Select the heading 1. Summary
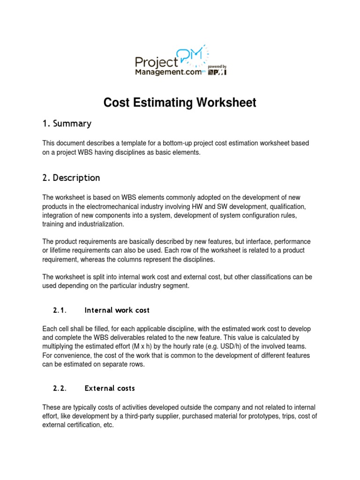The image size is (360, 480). pos(67,124)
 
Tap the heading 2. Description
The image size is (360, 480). pos(71,178)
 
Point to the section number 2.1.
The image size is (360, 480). pos(60,310)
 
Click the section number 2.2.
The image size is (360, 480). pos(60,388)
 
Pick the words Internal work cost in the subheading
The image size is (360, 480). pos(117,310)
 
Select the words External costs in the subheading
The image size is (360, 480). pos(110,388)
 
